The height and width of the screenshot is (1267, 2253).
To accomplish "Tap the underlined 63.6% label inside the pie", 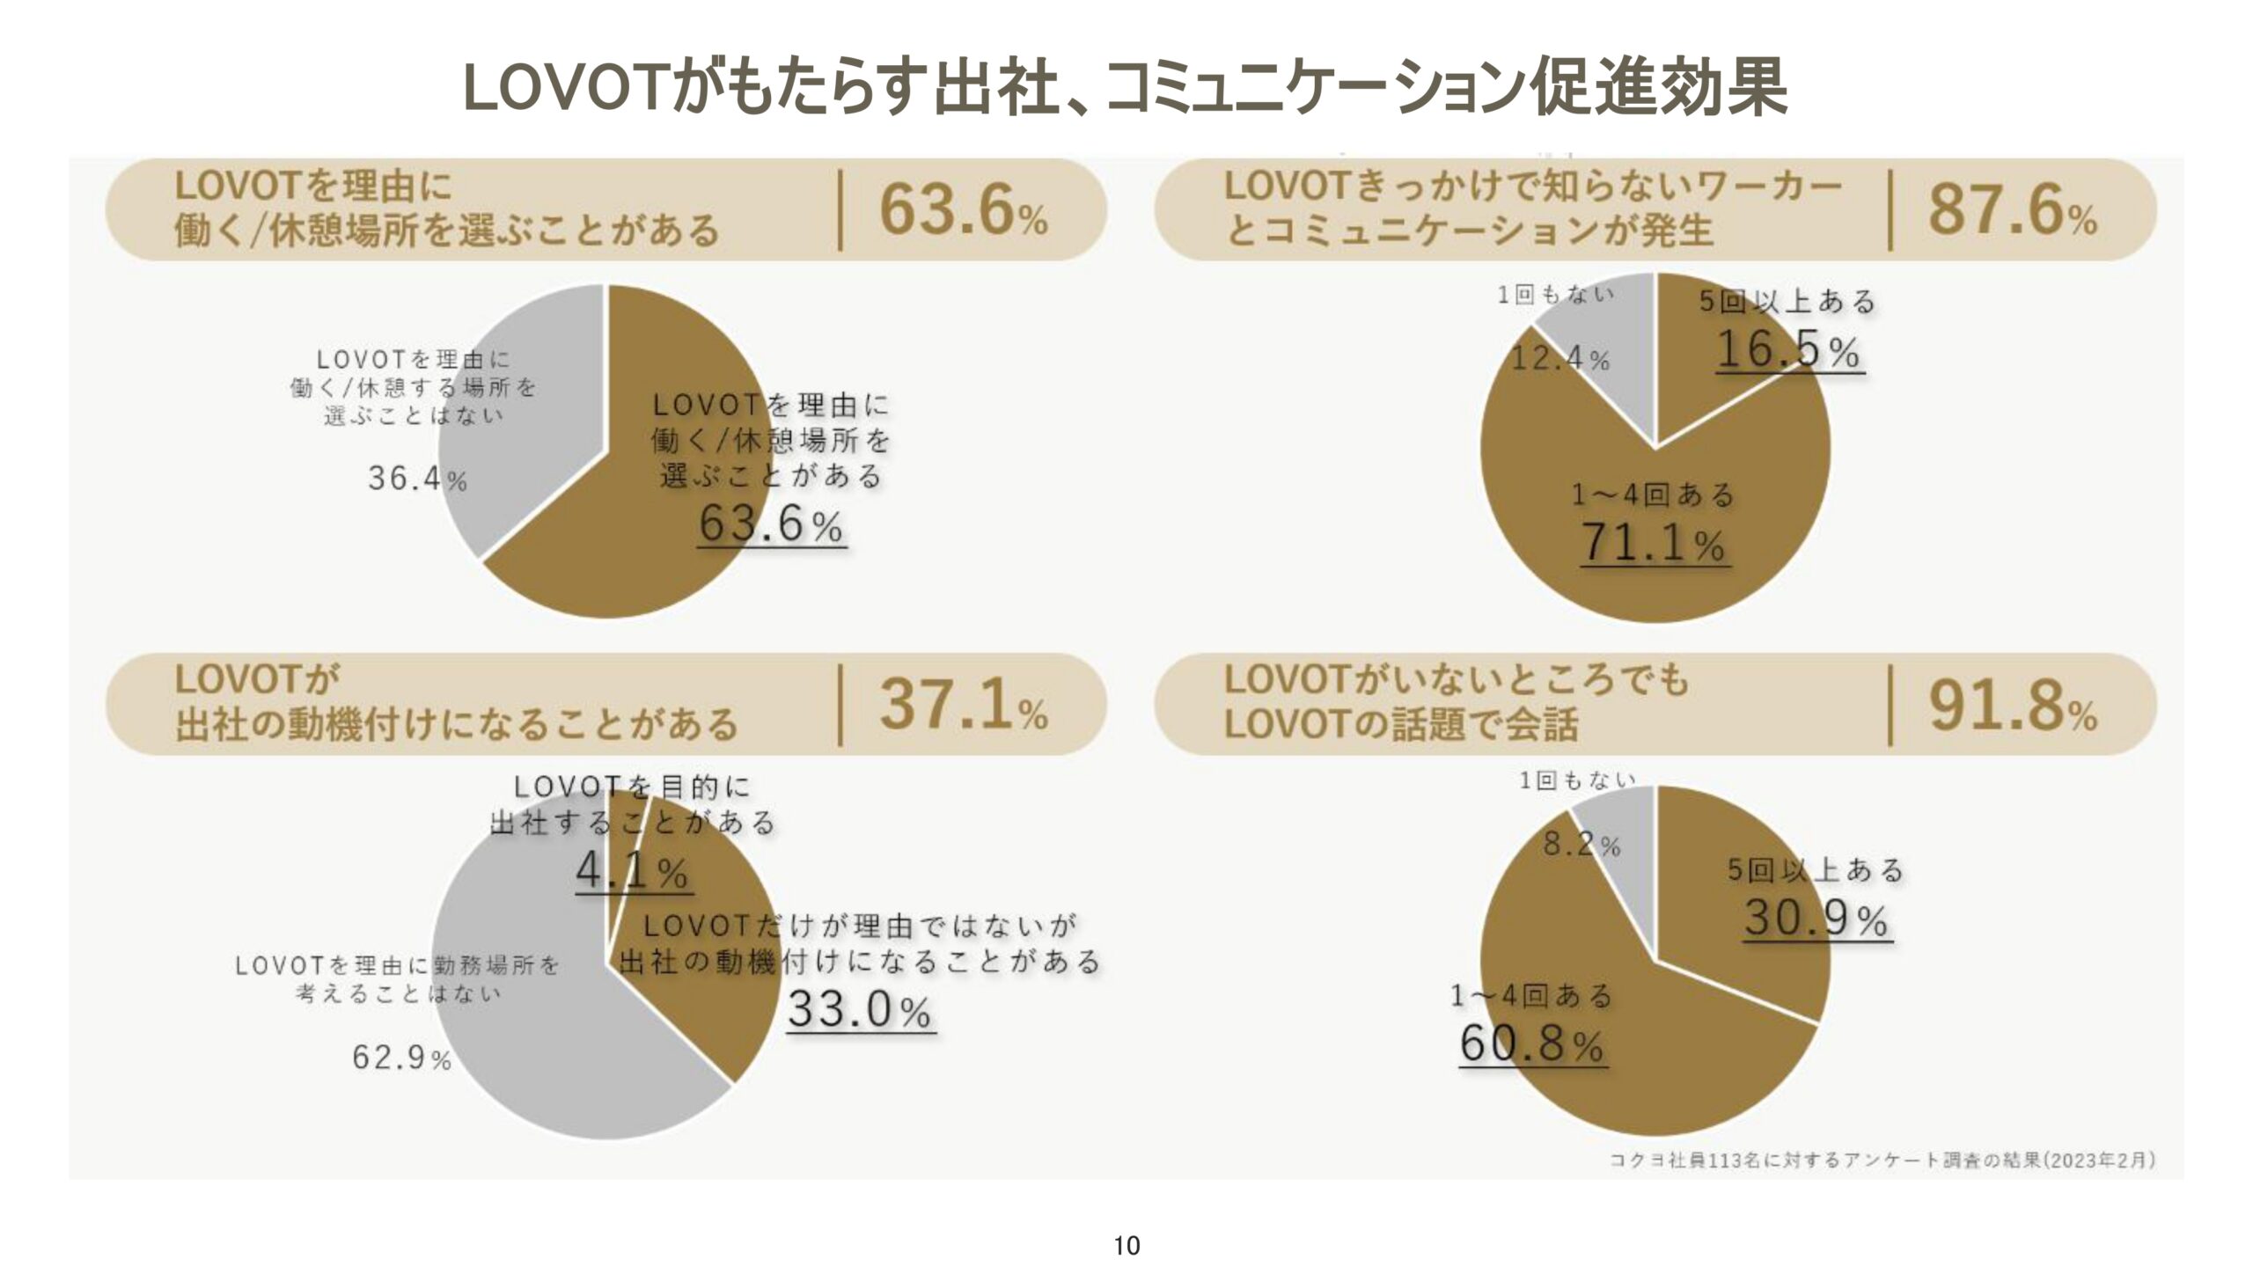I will (771, 525).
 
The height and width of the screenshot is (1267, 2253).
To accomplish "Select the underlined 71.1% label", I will (1654, 543).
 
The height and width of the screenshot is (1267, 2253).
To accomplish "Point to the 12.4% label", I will (1560, 358).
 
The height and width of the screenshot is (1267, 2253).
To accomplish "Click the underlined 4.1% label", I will (633, 872).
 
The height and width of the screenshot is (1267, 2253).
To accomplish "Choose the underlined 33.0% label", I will (860, 1009).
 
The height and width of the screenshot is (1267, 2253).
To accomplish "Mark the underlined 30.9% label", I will (1816, 919).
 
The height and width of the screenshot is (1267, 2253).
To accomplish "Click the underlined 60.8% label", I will (1532, 1044).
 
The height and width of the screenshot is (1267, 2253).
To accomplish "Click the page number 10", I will (1126, 1246).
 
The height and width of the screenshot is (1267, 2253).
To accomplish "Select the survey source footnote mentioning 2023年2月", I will (1882, 1160).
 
